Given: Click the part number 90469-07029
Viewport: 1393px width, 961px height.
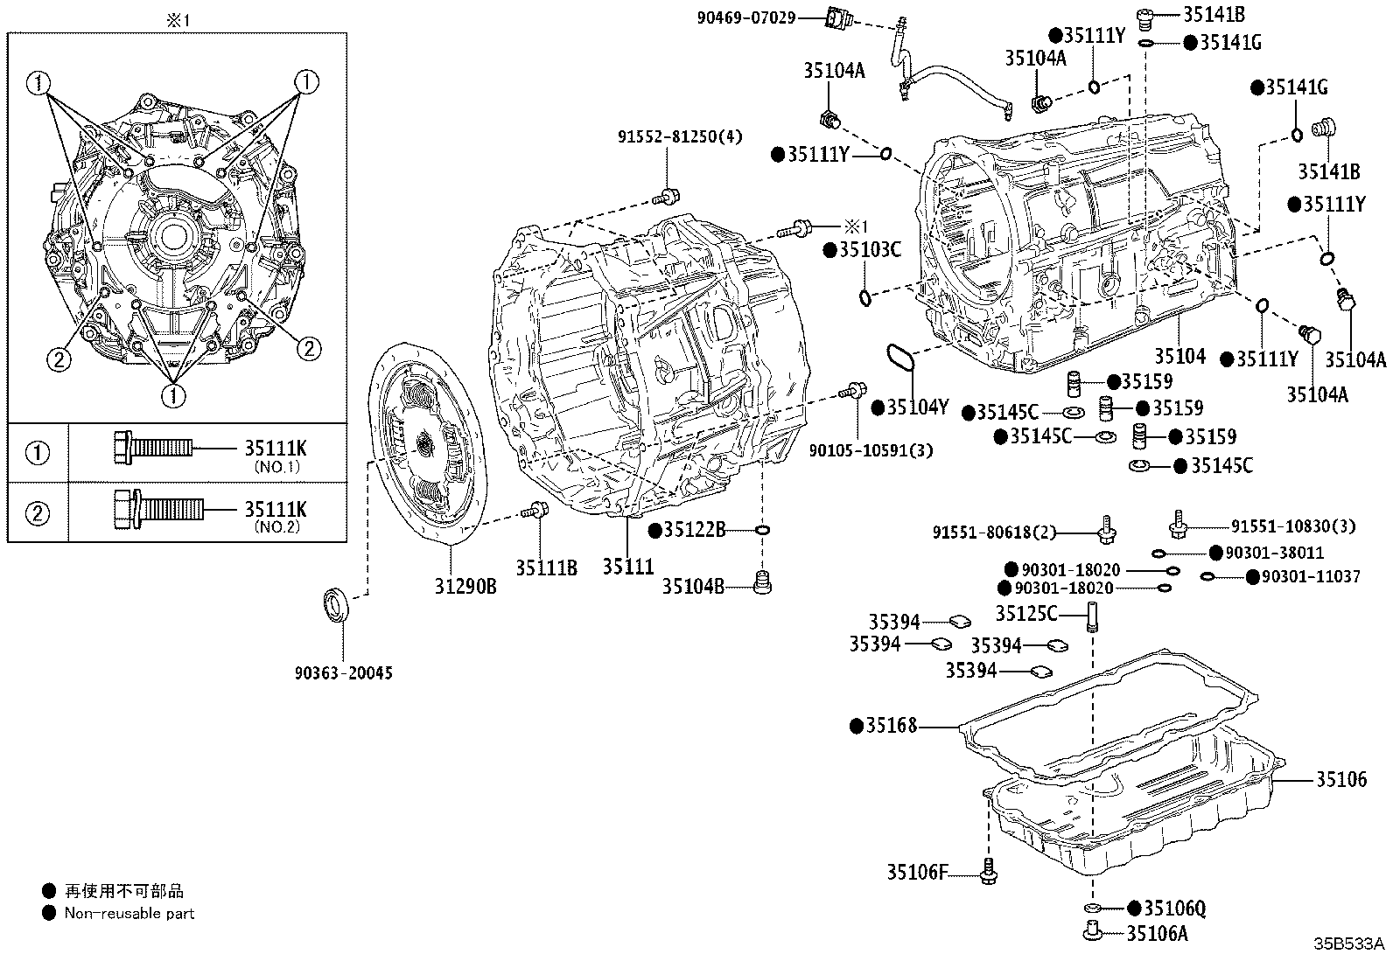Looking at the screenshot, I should tap(746, 16).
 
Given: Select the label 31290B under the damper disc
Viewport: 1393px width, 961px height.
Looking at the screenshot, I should tap(466, 587).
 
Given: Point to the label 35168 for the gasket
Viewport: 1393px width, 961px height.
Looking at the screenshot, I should tap(891, 726).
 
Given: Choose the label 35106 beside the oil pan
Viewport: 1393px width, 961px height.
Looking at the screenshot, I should tap(1340, 779).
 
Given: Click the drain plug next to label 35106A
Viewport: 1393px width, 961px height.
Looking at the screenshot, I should tap(1091, 932).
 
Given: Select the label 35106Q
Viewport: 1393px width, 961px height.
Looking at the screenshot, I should tap(1174, 909).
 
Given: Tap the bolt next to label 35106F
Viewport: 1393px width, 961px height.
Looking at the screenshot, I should tap(990, 871).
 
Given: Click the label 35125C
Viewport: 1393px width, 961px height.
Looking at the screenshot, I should tap(1025, 613).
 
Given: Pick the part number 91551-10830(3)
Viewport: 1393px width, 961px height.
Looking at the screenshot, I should tap(1292, 526).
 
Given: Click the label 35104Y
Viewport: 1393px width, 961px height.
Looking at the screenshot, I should tap(917, 407).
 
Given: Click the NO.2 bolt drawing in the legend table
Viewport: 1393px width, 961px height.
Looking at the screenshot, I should tap(158, 509).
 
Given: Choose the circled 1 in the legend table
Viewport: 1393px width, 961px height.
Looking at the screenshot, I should tap(38, 453).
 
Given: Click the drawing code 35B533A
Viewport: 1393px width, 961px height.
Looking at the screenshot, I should tap(1347, 944).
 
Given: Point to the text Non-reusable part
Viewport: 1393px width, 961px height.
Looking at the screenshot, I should tap(129, 914).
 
